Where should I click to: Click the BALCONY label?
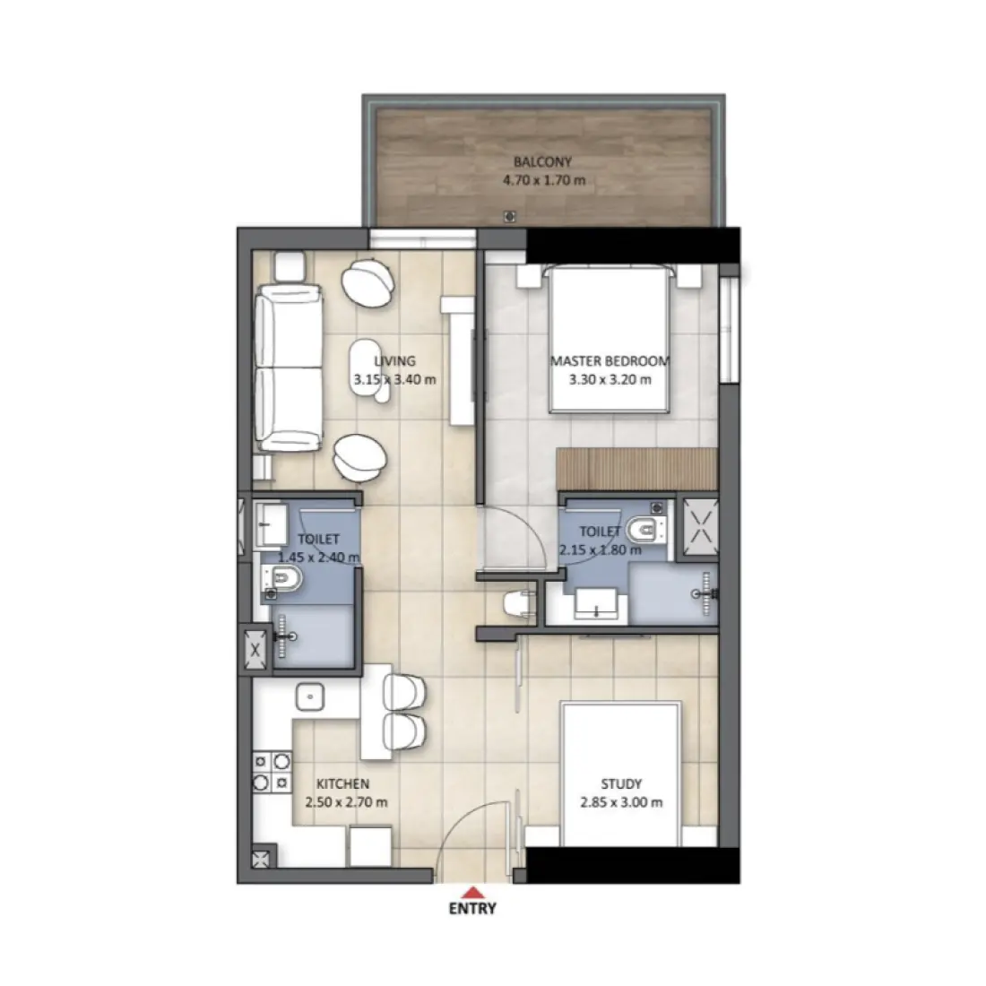[x=542, y=162]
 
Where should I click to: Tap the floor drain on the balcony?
[x=509, y=216]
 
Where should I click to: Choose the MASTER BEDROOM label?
[x=610, y=361]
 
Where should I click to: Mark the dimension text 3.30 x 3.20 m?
[x=610, y=379]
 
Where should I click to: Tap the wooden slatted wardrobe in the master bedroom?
[x=636, y=467]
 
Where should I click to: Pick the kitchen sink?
[x=309, y=696]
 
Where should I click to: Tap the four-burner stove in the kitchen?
[x=272, y=772]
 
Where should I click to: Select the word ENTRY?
[x=472, y=908]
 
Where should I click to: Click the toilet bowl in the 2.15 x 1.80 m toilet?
[x=643, y=531]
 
